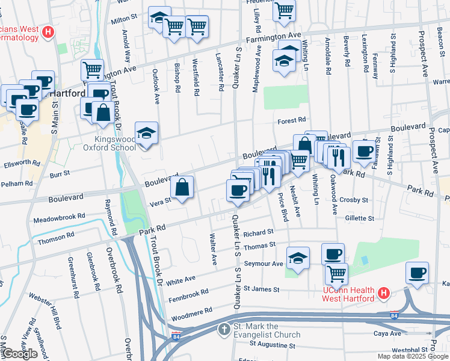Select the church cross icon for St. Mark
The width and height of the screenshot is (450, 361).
click(224, 330)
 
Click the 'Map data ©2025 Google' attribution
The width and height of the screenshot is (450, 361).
click(413, 356)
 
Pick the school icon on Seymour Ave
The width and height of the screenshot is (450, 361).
click(298, 258)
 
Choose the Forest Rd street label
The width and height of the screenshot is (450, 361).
click(292, 121)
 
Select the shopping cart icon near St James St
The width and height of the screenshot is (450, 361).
click(336, 273)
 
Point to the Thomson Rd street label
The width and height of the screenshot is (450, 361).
click(55, 238)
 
